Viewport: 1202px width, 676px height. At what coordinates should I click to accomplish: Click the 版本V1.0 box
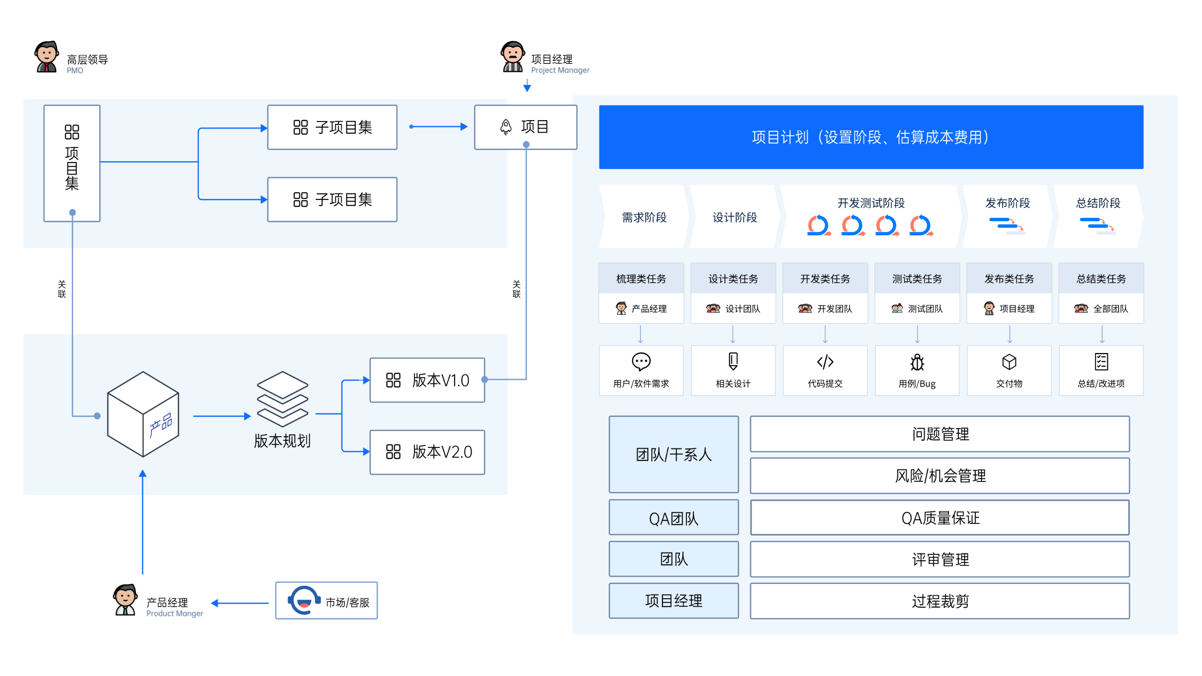click(427, 380)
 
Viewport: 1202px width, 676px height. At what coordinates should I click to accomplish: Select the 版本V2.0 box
click(427, 452)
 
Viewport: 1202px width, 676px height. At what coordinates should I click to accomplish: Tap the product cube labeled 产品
click(143, 415)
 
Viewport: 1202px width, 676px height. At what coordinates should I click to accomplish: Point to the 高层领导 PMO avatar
click(47, 57)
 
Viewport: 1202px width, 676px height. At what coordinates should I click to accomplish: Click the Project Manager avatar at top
click(512, 57)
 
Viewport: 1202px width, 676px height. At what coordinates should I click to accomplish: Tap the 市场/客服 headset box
click(326, 600)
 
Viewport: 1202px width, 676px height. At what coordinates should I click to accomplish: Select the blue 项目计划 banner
click(871, 137)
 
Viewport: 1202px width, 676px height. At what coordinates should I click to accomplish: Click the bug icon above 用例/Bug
click(917, 362)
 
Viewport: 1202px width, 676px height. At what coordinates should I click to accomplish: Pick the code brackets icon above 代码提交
click(825, 362)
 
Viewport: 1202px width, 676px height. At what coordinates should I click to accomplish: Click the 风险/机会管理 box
click(939, 476)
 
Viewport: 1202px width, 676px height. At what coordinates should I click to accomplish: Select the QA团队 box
click(674, 518)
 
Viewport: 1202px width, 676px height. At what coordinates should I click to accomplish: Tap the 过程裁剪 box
click(939, 601)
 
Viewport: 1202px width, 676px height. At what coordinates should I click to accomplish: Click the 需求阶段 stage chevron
click(644, 217)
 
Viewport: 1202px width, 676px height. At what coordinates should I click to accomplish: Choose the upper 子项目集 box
click(332, 127)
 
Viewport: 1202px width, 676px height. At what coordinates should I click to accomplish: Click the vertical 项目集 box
click(72, 163)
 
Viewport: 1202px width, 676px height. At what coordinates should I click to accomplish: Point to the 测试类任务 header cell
click(917, 278)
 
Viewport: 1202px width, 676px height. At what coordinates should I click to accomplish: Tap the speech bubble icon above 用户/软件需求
click(641, 361)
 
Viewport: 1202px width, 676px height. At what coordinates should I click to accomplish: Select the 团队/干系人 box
click(674, 454)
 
